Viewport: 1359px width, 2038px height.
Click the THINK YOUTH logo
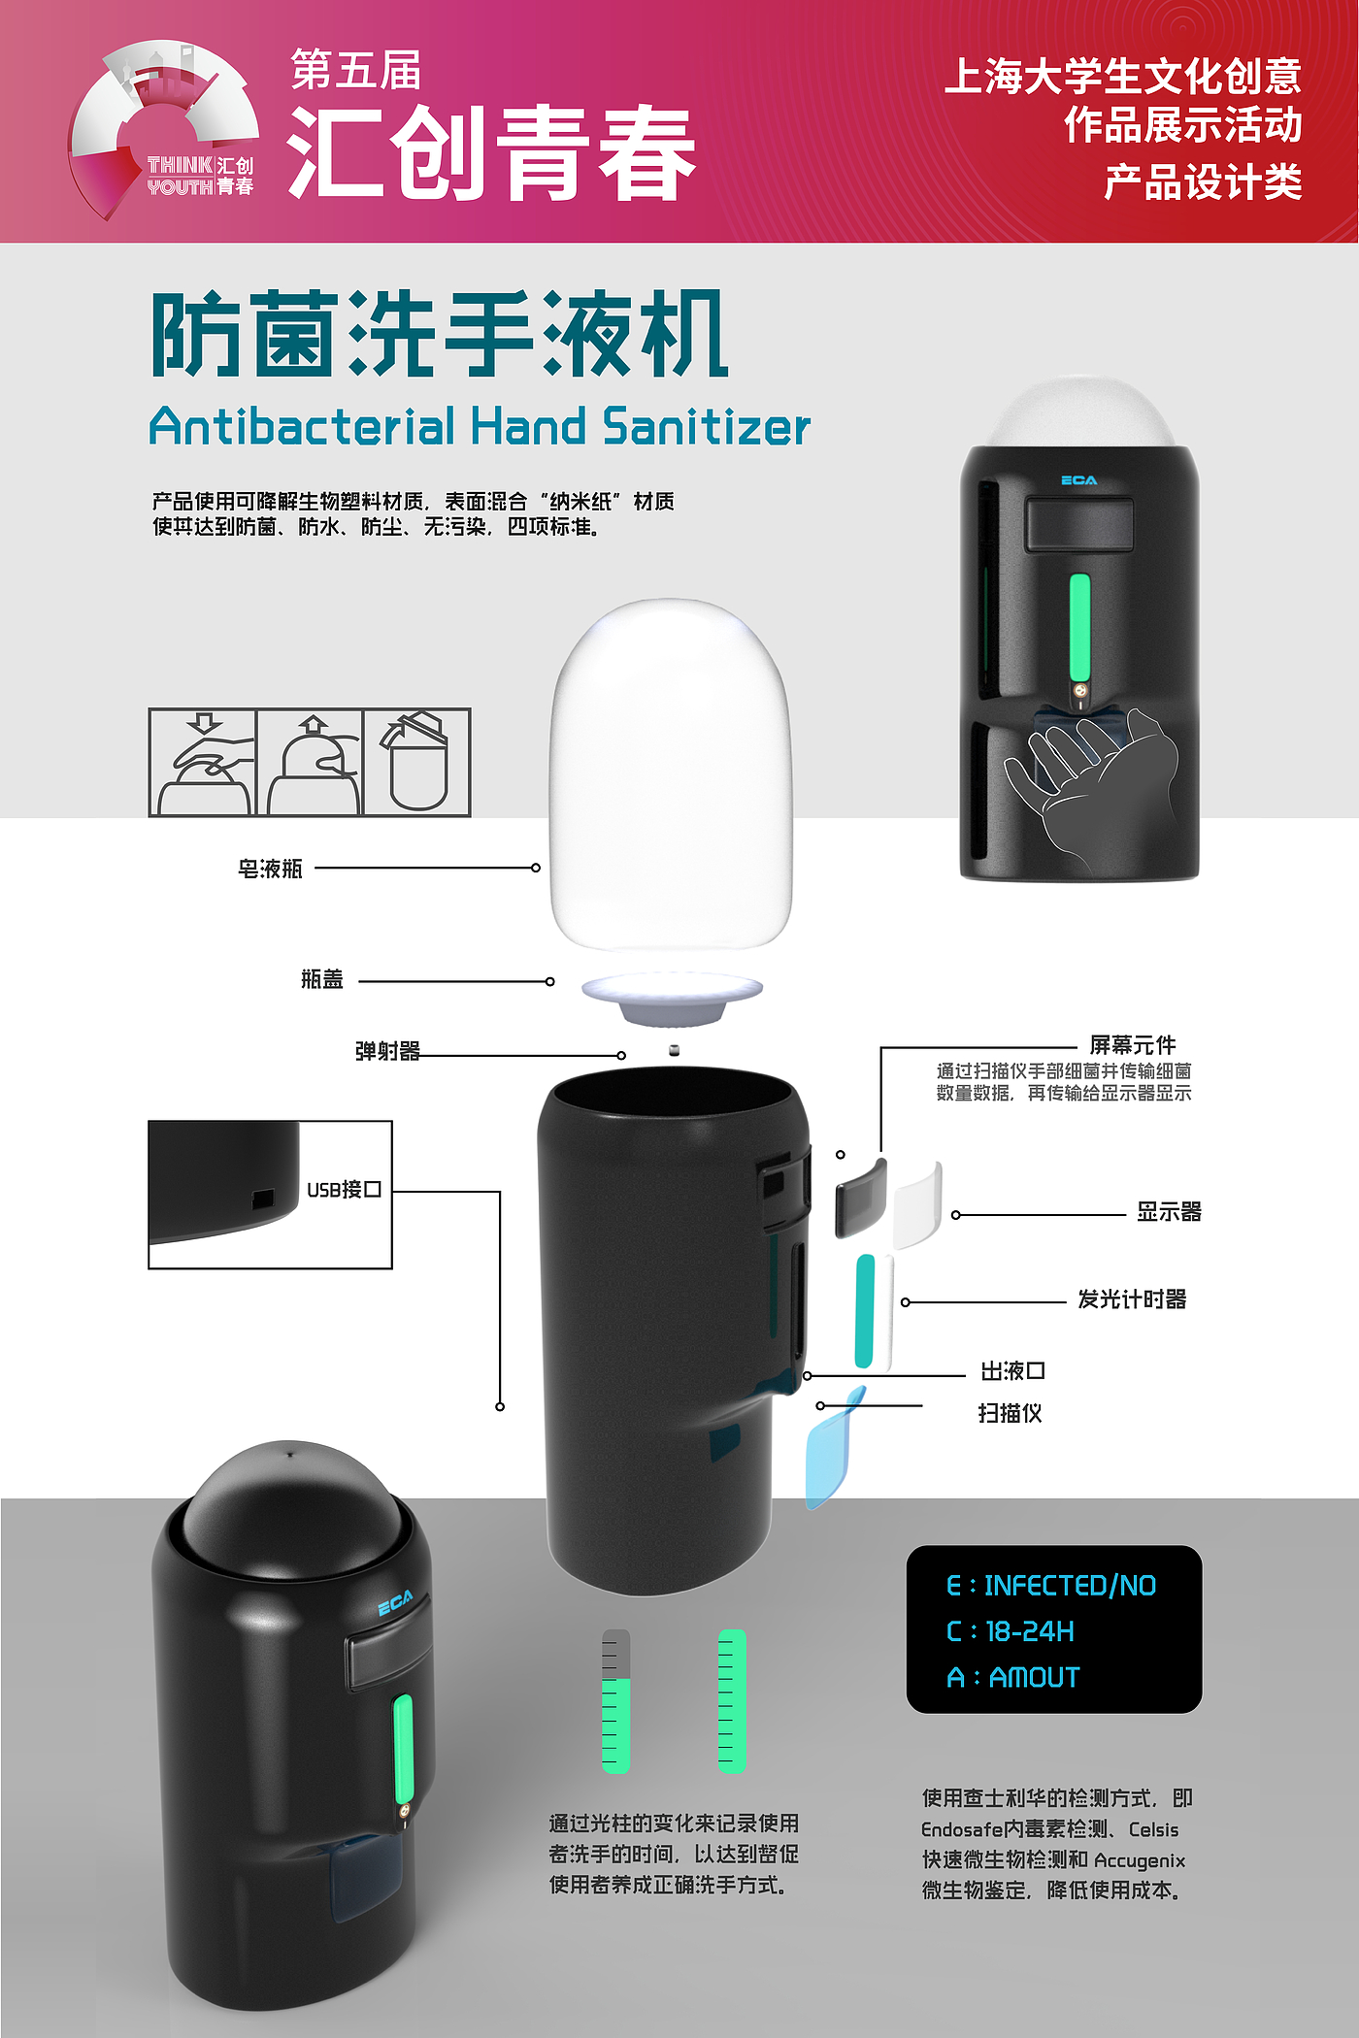click(163, 128)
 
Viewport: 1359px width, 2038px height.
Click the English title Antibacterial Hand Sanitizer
click(480, 427)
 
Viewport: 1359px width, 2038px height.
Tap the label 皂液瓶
click(270, 869)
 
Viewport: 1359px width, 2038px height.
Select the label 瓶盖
click(322, 979)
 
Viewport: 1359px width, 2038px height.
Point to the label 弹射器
click(387, 1051)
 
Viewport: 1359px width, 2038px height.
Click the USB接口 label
click(344, 1189)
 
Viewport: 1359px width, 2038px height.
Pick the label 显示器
click(1169, 1212)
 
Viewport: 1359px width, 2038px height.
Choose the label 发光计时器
click(1132, 1299)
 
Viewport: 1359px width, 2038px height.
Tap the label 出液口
click(1012, 1371)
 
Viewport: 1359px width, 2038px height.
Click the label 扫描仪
click(1010, 1413)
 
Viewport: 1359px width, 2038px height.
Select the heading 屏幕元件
click(1133, 1044)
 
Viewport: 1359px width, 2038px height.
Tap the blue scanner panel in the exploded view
click(833, 1449)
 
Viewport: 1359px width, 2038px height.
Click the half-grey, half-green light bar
click(615, 1701)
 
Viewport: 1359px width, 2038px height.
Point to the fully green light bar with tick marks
click(732, 1701)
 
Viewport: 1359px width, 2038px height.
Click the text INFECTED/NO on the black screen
click(1070, 1586)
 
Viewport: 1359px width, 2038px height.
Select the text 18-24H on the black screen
click(1030, 1631)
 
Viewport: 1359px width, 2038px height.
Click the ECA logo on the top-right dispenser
click(1078, 480)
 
